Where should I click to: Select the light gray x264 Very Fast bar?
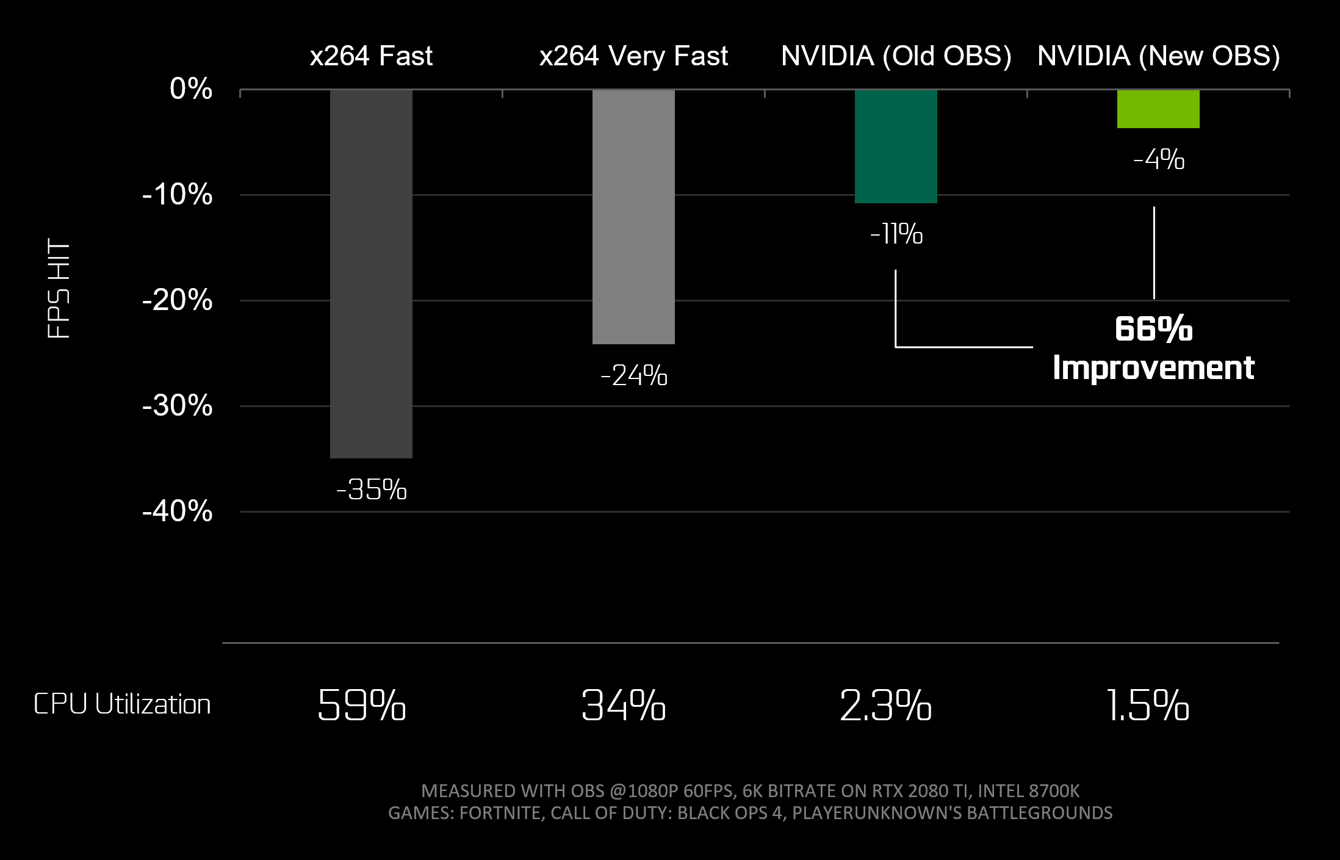click(x=633, y=217)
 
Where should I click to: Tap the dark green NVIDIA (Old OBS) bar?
click(x=896, y=146)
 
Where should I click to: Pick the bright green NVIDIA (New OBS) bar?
click(x=1158, y=109)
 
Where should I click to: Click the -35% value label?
click(x=372, y=490)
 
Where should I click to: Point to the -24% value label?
click(x=634, y=375)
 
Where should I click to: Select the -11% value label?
click(x=896, y=234)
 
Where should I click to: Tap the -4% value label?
click(x=1159, y=160)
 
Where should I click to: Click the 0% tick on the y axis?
click(x=191, y=89)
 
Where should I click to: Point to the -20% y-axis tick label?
click(x=178, y=300)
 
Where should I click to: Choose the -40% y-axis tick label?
click(x=178, y=511)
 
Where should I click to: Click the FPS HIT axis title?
click(x=59, y=288)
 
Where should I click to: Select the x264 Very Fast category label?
click(x=633, y=56)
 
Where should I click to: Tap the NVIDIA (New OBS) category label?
click(x=1158, y=56)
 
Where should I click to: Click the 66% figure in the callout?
click(x=1153, y=329)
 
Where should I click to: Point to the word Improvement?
click(x=1153, y=368)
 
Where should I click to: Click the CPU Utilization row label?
click(x=122, y=704)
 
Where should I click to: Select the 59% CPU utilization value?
click(x=362, y=706)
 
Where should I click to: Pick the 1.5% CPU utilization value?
click(x=1148, y=706)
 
